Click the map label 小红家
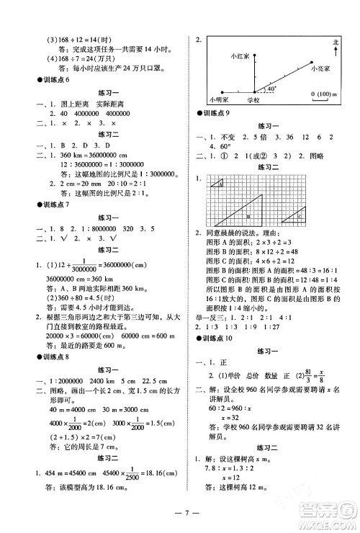tap(239, 55)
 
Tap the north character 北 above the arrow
tap(335, 42)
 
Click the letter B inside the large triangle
tap(248, 215)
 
